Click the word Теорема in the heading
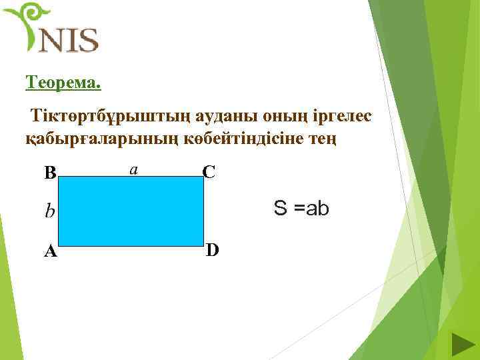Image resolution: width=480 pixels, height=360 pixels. coord(63,83)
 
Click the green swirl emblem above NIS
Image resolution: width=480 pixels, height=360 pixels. coord(27,20)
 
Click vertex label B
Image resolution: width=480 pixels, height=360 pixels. coord(50,173)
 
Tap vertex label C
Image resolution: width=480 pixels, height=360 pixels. coord(209,172)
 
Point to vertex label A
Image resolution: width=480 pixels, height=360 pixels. coord(50,251)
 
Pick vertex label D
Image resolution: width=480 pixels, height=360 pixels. coord(213,250)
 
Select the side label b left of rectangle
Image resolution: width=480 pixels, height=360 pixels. coord(49,211)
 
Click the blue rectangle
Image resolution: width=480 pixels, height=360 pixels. coord(131,211)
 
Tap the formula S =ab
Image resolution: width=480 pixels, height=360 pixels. coord(301,209)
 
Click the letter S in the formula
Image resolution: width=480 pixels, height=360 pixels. coord(281,209)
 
